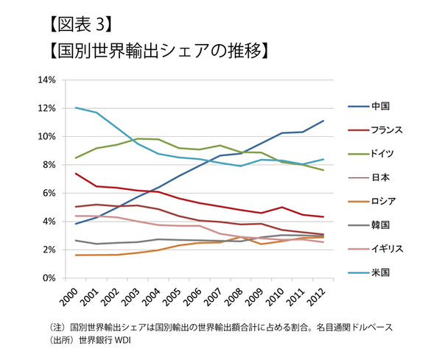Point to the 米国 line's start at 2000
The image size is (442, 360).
75,107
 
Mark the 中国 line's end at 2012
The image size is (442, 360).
324,121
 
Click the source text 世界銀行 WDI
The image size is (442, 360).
111,340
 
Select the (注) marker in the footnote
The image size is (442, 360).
57,326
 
